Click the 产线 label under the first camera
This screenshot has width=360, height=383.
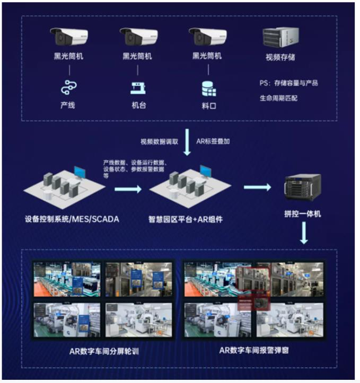(67, 105)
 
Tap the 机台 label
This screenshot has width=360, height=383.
(138, 105)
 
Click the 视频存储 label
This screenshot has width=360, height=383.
(280, 57)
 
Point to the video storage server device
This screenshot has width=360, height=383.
(279, 37)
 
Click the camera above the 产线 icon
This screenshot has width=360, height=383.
(69, 37)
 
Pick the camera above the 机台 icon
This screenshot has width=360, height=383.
(139, 37)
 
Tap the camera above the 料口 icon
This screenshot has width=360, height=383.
(208, 37)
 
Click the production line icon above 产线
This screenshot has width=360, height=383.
(68, 86)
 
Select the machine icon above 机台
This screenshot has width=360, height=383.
(138, 86)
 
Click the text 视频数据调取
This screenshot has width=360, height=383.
(159, 141)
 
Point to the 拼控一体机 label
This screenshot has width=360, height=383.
(303, 213)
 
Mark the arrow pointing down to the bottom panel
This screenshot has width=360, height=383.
(304, 233)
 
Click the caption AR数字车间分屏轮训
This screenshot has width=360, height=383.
(104, 351)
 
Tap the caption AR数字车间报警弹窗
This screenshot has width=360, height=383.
(253, 351)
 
